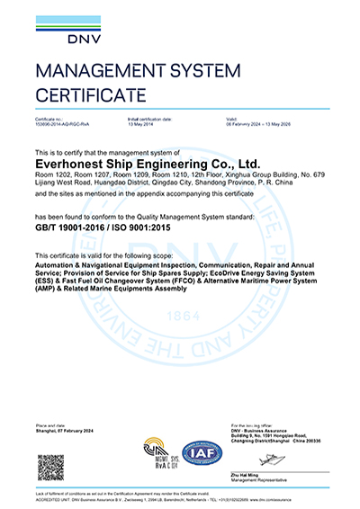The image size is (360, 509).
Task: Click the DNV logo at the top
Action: tap(56, 29)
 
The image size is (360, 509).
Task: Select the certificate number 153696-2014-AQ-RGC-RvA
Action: tap(62, 123)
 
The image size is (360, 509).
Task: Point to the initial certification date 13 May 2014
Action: tap(141, 123)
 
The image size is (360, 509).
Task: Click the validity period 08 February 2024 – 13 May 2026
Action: tap(264, 123)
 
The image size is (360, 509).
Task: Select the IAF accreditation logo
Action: tap(203, 451)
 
